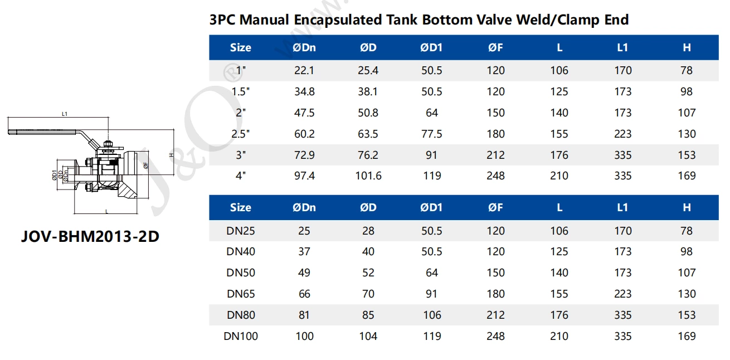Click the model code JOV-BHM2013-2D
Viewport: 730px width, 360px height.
[x=90, y=236]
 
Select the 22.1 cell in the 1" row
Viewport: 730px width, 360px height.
[x=304, y=71]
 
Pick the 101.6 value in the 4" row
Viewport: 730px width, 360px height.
[x=368, y=176]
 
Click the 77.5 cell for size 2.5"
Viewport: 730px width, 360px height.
[x=431, y=134]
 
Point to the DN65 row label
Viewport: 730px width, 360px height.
[x=241, y=294]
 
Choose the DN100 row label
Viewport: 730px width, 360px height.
[x=241, y=336]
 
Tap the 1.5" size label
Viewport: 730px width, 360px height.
[x=241, y=92]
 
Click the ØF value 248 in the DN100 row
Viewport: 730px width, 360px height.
[x=495, y=336]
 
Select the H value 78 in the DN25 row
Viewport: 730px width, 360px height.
[x=687, y=231]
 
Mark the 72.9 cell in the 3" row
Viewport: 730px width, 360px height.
[x=304, y=155]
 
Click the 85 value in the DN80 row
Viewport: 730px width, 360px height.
[x=368, y=315]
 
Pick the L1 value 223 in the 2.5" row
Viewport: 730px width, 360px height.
[x=622, y=134]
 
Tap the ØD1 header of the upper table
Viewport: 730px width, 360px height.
[x=431, y=48]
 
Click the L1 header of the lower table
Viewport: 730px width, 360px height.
[x=622, y=207]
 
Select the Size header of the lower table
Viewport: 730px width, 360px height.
[x=241, y=207]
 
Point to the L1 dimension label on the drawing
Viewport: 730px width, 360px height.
[x=65, y=114]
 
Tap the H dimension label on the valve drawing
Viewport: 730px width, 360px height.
[x=172, y=155]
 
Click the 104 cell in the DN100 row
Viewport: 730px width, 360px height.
[x=368, y=336]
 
